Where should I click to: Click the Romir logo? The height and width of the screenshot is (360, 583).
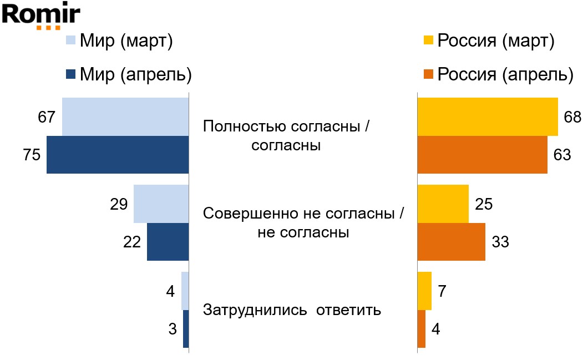tap(41, 16)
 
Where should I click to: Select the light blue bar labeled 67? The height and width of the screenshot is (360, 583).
tap(125, 116)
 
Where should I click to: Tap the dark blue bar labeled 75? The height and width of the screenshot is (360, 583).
tap(118, 155)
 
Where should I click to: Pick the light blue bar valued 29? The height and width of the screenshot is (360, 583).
tap(161, 204)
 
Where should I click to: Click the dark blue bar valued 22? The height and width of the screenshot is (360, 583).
tap(168, 241)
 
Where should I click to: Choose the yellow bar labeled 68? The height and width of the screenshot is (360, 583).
tap(487, 116)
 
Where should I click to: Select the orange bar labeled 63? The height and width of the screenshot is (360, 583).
tap(482, 155)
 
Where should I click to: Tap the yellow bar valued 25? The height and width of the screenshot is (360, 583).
tap(443, 204)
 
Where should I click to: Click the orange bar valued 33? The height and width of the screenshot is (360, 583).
tap(451, 241)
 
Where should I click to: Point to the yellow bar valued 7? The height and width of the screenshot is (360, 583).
tap(424, 291)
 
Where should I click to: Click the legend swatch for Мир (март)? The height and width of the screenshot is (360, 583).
tap(70, 40)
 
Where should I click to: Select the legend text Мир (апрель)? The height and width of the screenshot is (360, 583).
tap(136, 74)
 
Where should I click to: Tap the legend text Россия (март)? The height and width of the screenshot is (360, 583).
tap(495, 40)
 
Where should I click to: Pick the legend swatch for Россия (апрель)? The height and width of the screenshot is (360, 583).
tap(428, 74)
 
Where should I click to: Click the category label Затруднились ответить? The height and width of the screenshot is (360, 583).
tap(292, 310)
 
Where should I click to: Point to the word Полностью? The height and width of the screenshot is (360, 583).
tap(245, 126)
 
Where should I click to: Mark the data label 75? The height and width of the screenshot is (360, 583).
tap(32, 155)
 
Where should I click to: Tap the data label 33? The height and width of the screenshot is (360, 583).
tap(500, 242)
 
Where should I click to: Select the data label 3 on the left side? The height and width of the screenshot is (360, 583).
tap(173, 328)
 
